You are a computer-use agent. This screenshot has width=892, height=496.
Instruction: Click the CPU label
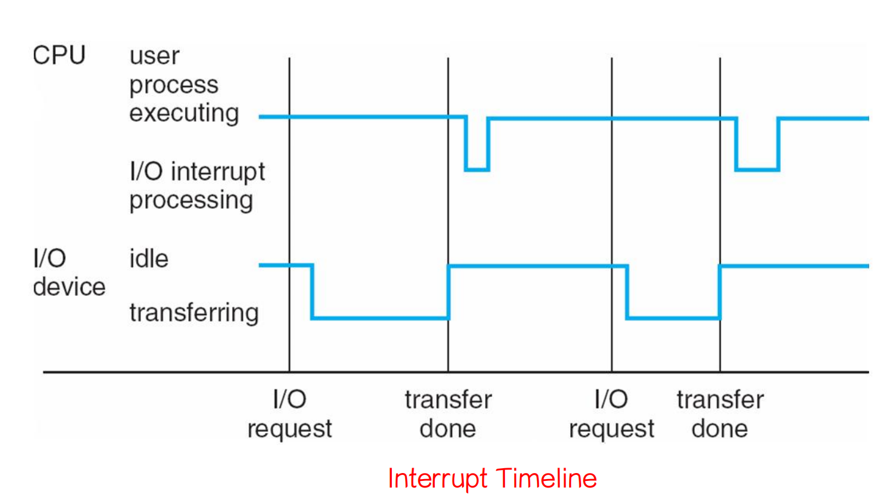click(59, 55)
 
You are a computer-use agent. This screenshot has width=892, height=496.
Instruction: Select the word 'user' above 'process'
click(154, 56)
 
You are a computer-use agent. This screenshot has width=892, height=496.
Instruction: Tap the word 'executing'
click(184, 113)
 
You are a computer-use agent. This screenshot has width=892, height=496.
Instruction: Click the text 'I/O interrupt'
click(197, 172)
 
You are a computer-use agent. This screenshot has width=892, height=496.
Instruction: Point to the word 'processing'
click(191, 200)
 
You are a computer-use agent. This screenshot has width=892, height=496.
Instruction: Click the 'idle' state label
click(149, 258)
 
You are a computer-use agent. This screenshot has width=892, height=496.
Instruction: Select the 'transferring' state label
click(194, 312)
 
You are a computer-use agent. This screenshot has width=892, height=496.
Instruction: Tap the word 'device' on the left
click(70, 287)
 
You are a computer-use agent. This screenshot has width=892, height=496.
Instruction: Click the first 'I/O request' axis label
click(290, 414)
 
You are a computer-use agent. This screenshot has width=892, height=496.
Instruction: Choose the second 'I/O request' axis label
click(611, 414)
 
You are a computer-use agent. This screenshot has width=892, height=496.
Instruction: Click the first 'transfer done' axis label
click(448, 414)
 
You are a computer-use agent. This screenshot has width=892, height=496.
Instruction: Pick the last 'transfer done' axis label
click(720, 414)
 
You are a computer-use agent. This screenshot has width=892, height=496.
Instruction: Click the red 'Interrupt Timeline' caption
click(492, 478)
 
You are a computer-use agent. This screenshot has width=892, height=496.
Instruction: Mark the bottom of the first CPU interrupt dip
click(477, 170)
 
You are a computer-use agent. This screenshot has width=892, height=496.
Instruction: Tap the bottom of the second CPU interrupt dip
click(757, 170)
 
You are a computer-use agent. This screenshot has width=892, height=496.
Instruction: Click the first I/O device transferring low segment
click(380, 318)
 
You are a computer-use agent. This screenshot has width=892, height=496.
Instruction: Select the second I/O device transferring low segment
click(673, 318)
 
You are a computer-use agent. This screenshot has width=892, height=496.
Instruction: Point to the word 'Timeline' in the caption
click(546, 478)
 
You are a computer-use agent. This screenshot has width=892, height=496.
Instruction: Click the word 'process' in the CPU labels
click(174, 85)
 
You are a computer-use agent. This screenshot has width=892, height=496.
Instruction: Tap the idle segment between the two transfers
click(538, 266)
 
